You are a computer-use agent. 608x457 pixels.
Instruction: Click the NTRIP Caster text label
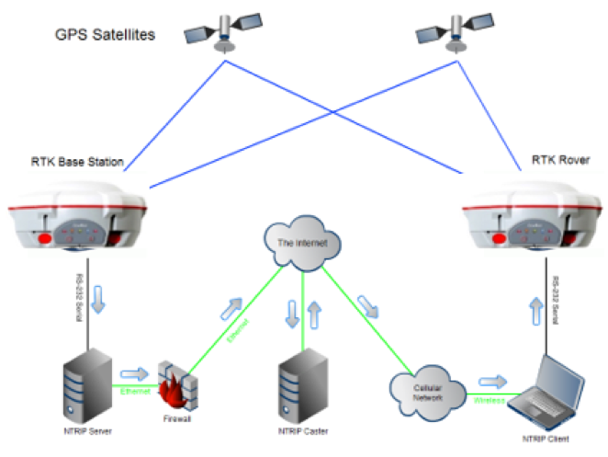point(302,430)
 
